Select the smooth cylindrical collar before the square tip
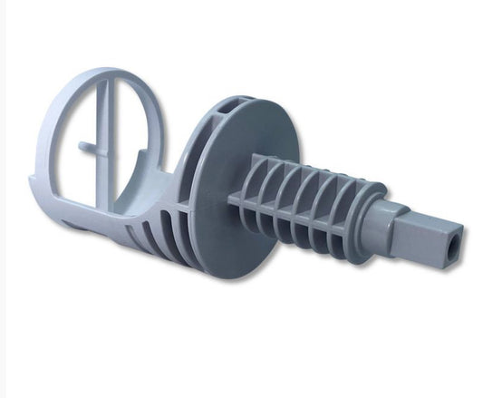378,215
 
